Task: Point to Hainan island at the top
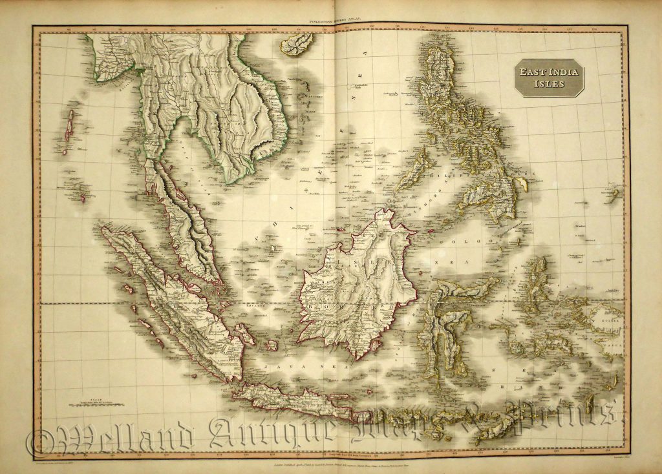pyautogui.click(x=296, y=44)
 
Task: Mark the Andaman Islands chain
pyautogui.click(x=68, y=129)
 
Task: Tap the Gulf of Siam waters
pyautogui.click(x=194, y=168)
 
